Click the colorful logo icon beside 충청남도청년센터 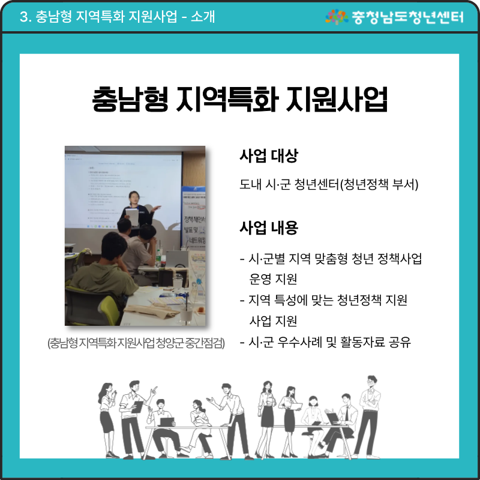click(337, 16)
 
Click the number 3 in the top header click(24, 17)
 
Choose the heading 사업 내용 click(268, 228)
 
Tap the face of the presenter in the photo click(136, 197)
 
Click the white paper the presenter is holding click(131, 217)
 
